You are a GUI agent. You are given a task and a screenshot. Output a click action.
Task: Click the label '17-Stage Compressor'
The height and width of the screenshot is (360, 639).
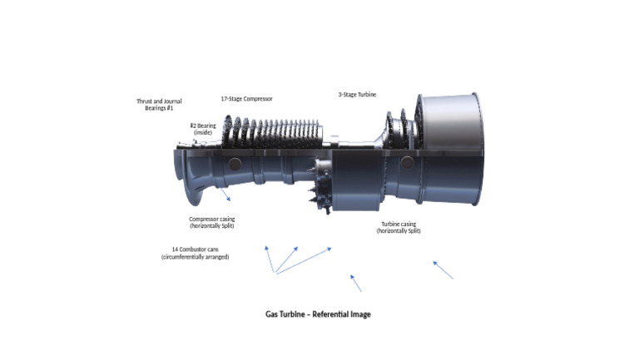click(x=246, y=99)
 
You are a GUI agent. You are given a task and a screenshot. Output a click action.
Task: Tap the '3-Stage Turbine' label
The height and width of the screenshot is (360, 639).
click(x=357, y=95)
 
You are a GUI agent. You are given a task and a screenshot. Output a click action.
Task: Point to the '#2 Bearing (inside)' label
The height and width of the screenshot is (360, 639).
click(x=203, y=129)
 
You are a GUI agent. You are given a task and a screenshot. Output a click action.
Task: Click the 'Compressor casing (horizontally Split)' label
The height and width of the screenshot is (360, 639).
click(x=212, y=223)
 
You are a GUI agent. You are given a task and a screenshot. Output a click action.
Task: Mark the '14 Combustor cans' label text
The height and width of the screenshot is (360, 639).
click(x=195, y=253)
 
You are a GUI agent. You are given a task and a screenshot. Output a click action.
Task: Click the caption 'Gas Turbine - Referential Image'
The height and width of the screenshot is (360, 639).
click(x=318, y=314)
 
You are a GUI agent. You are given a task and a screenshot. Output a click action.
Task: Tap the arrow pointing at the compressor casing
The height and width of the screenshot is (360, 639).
click(x=225, y=195)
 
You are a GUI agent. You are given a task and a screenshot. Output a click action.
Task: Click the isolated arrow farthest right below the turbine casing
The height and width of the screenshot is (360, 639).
click(x=443, y=269)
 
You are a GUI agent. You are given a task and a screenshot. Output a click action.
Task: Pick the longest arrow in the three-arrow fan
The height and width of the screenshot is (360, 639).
click(x=304, y=259)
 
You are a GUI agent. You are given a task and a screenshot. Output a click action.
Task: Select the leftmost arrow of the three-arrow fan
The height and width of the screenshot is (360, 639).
click(x=269, y=259)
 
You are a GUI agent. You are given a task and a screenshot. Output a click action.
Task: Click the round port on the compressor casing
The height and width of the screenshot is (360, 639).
click(x=234, y=162)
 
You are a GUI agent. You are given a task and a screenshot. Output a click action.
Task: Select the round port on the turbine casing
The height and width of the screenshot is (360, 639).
click(x=406, y=162)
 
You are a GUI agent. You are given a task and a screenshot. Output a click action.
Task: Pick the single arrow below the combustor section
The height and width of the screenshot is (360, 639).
click(x=356, y=283)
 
